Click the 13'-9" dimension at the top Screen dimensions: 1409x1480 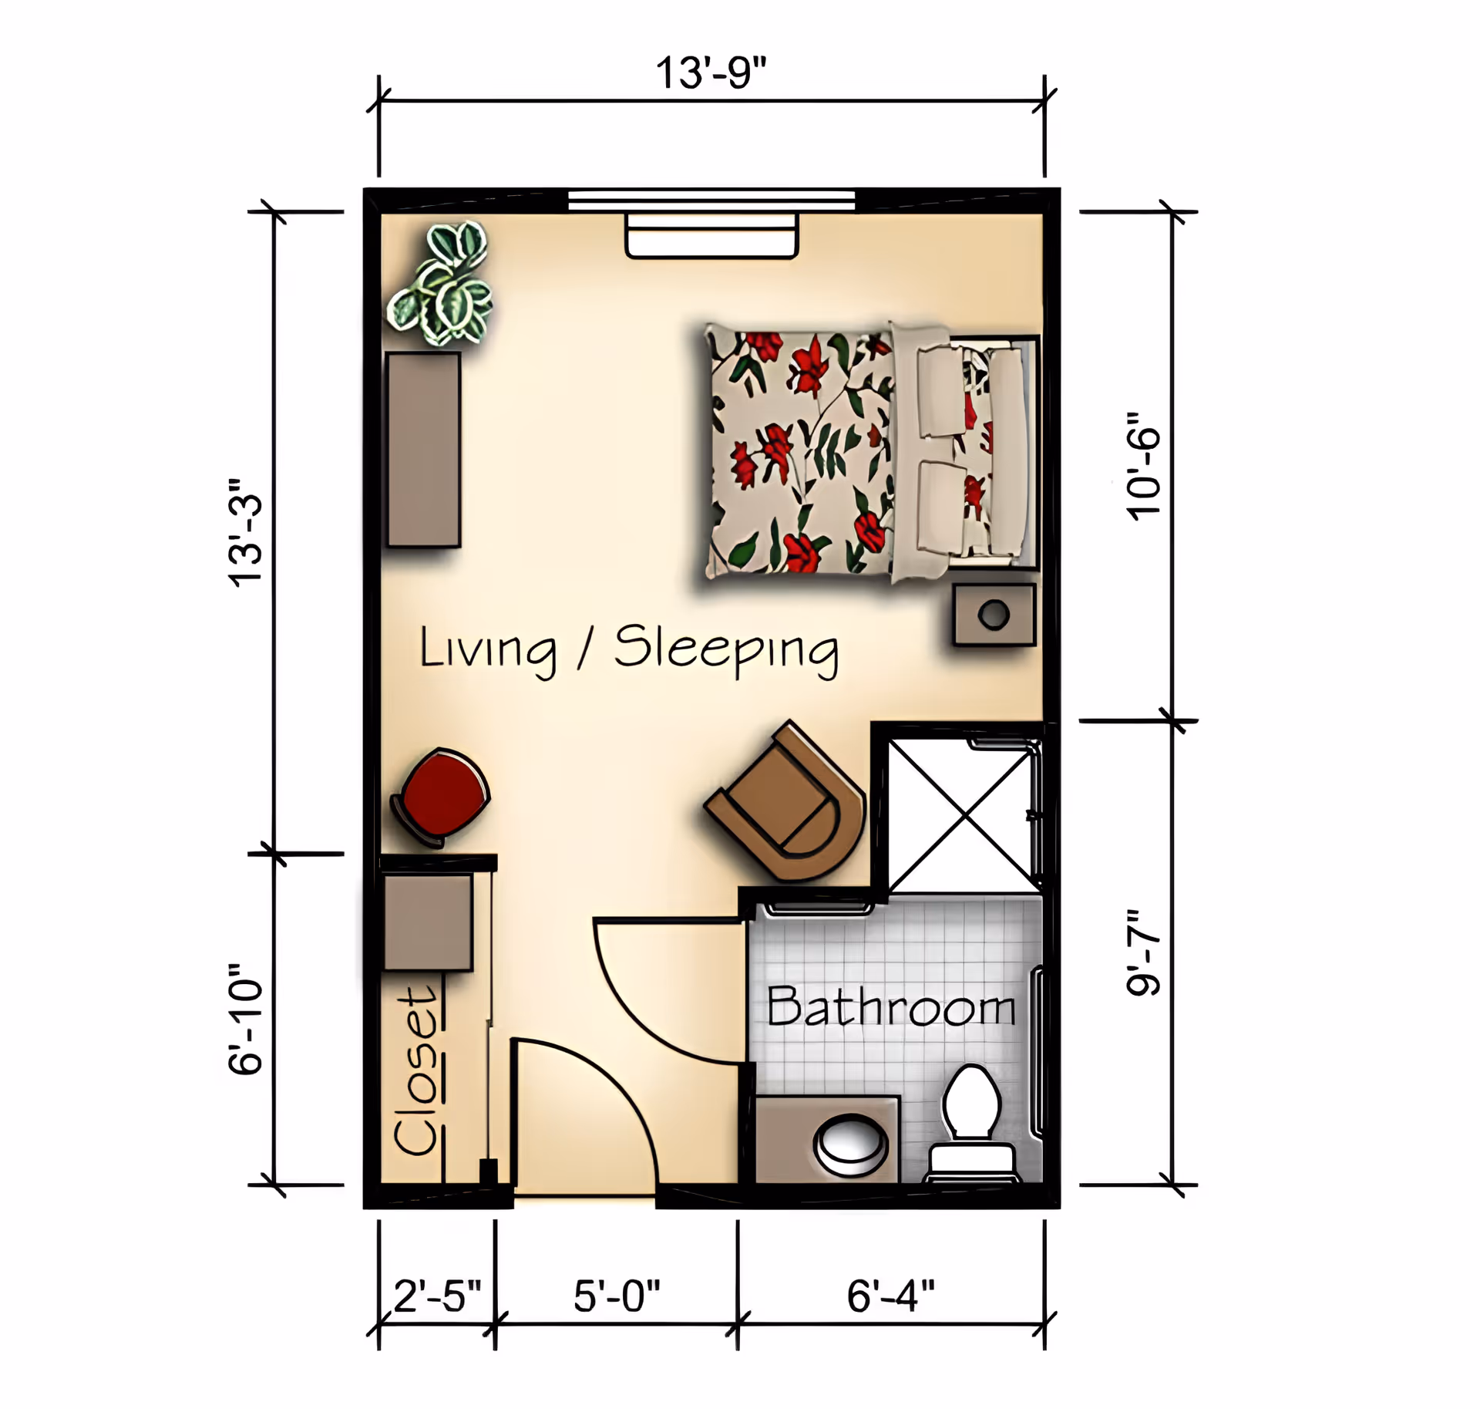[x=710, y=72]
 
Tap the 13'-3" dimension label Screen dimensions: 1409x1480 [x=247, y=532]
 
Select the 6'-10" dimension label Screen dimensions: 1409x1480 [x=247, y=1020]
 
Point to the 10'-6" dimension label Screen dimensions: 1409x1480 [x=1143, y=466]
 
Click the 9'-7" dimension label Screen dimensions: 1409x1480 [x=1143, y=953]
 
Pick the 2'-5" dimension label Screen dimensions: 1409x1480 [x=437, y=1296]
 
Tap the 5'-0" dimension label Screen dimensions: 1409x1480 [x=617, y=1296]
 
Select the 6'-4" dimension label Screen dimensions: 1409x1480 [x=890, y=1296]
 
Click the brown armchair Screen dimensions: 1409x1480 [x=790, y=806]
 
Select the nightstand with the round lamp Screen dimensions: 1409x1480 [x=994, y=615]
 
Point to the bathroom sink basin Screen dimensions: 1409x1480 [x=850, y=1143]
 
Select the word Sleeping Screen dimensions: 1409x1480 [x=726, y=649]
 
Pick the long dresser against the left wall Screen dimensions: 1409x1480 [x=423, y=450]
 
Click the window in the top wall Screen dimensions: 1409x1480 [x=711, y=201]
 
